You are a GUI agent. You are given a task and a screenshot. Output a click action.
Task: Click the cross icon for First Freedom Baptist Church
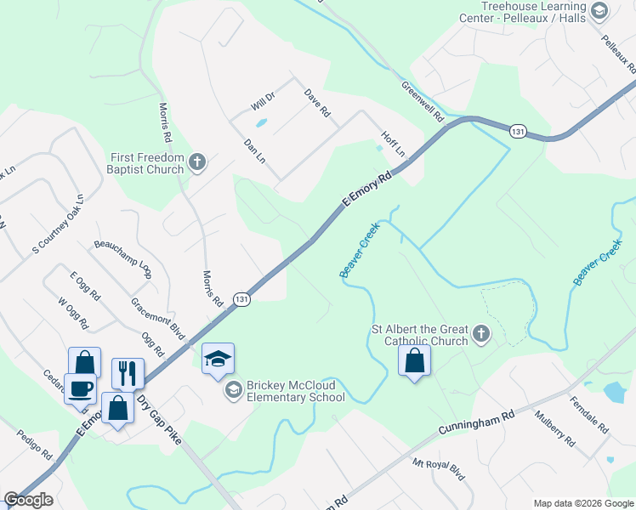(197, 161)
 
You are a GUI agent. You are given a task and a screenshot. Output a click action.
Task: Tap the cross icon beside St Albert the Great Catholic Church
(481, 334)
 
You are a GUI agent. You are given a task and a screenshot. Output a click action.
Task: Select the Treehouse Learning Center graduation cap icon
(599, 10)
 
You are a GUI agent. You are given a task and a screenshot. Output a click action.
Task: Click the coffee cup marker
(81, 388)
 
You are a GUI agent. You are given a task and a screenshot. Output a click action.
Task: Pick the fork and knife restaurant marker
(128, 373)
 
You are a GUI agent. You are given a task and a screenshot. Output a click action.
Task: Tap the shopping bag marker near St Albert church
(414, 360)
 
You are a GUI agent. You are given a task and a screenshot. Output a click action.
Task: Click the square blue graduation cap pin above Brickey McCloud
(218, 360)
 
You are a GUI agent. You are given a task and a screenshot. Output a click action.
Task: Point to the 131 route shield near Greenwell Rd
(518, 131)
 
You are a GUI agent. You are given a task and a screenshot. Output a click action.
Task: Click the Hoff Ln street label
(394, 144)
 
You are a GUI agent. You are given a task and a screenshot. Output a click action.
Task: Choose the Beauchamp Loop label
(122, 258)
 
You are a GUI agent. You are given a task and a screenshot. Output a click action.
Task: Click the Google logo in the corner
(28, 500)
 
